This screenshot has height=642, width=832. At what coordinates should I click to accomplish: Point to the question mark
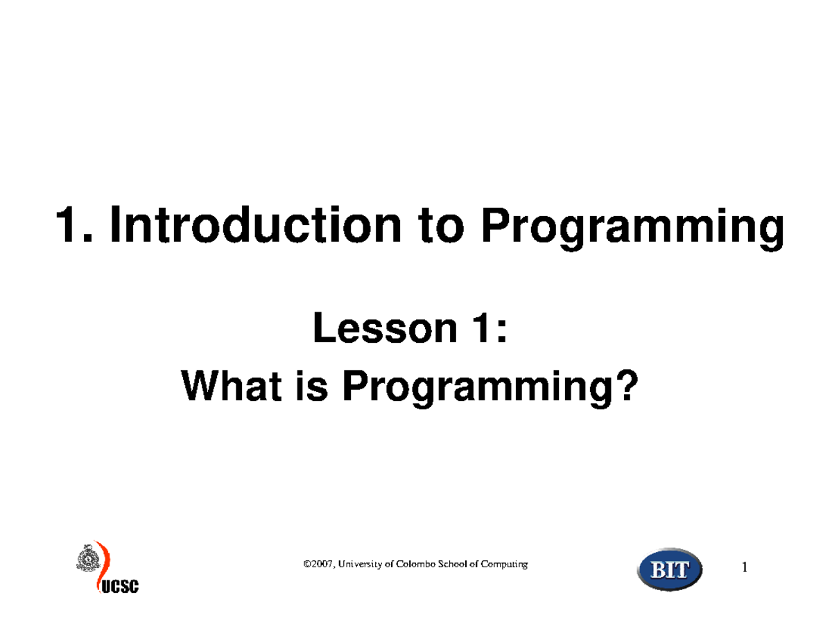pyautogui.click(x=624, y=389)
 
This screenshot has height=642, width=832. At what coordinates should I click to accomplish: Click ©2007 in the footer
pyautogui.click(x=318, y=564)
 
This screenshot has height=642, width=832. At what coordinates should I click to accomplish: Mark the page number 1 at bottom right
pyautogui.click(x=745, y=569)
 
